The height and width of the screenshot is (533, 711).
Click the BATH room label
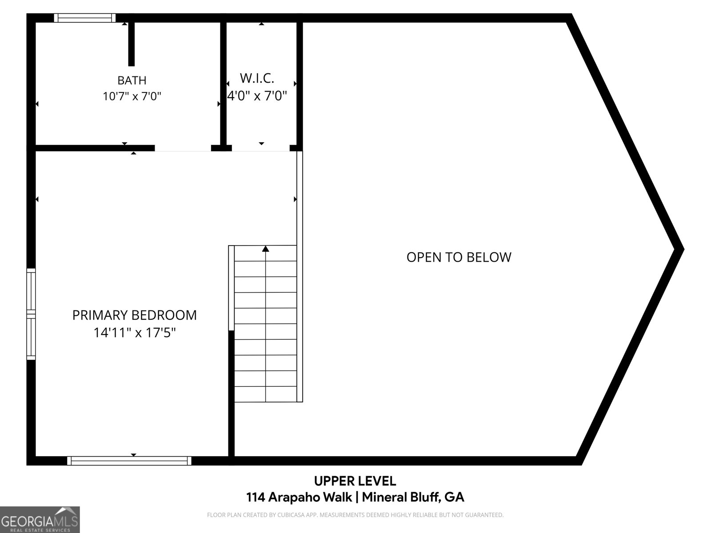pyautogui.click(x=132, y=80)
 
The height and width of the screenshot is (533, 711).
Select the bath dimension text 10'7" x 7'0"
pyautogui.click(x=132, y=96)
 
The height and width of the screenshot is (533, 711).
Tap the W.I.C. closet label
pyautogui.click(x=257, y=78)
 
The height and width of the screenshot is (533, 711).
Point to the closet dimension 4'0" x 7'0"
pyautogui.click(x=257, y=95)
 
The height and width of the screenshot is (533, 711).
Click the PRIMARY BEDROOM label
pyautogui.click(x=135, y=315)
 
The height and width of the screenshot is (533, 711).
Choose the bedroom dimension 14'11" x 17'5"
pyautogui.click(x=135, y=332)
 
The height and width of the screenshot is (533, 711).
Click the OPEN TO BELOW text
pyautogui.click(x=459, y=257)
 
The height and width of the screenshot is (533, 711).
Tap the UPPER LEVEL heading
pyautogui.click(x=355, y=481)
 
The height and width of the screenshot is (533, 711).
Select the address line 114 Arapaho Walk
pyautogui.click(x=299, y=497)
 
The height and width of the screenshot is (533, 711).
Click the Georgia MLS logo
pyautogui.click(x=40, y=519)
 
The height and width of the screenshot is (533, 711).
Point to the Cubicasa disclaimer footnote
pyautogui.click(x=355, y=515)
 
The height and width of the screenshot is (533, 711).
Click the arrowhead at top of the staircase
pyautogui.click(x=266, y=249)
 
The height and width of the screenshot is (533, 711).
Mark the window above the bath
pyautogui.click(x=84, y=18)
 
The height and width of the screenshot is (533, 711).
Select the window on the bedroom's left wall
pyautogui.click(x=31, y=314)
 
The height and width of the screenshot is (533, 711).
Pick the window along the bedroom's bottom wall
pyautogui.click(x=129, y=461)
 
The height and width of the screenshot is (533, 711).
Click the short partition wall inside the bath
pyautogui.click(x=131, y=44)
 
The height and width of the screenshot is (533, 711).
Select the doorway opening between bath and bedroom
pyautogui.click(x=183, y=149)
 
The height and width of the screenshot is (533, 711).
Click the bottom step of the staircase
pyautogui.click(x=266, y=394)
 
